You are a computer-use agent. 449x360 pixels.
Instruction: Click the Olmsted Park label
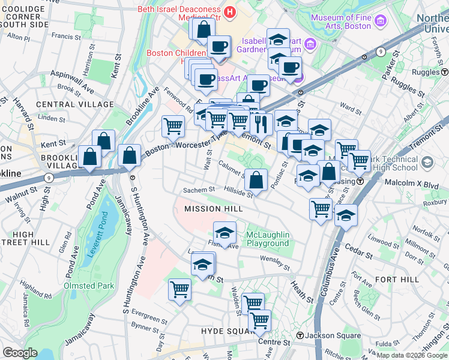(89, 286)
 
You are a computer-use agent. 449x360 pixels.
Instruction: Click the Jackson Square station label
(332, 335)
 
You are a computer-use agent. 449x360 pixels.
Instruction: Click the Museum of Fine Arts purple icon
(379, 22)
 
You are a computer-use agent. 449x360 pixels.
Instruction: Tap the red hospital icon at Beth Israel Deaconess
(229, 11)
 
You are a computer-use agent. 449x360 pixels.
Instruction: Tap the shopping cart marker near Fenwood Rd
(173, 126)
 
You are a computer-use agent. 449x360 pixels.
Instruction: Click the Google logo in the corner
(20, 353)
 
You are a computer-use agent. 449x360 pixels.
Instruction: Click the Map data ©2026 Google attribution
(411, 355)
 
